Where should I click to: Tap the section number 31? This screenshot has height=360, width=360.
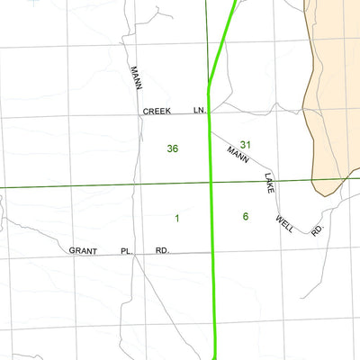(246, 145)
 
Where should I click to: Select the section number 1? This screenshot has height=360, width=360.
(177, 218)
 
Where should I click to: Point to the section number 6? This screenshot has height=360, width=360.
(245, 216)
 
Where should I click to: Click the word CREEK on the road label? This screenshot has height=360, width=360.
(156, 112)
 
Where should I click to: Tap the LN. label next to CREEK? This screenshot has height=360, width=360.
(200, 112)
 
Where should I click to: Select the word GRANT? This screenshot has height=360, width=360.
(83, 251)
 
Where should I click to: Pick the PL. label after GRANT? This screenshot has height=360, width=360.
(127, 251)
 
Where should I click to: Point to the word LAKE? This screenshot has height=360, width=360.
(268, 184)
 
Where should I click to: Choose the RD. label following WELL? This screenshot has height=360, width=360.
(316, 231)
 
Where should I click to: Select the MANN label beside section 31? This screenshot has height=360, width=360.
(238, 154)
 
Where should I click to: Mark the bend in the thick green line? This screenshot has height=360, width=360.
(209, 88)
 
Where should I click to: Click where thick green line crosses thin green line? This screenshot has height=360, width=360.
(211, 186)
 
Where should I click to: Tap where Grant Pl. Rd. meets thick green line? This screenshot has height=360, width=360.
(214, 253)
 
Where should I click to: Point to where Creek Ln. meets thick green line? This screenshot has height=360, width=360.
(210, 112)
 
